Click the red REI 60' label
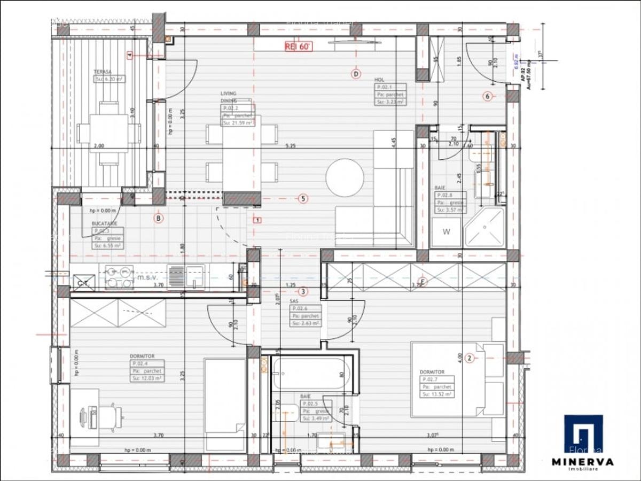(298, 46)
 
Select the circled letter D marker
(356, 74)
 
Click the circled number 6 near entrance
(487, 97)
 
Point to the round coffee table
(345, 177)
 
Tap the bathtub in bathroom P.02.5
(310, 374)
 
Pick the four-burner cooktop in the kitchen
(120, 277)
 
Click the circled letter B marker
(158, 218)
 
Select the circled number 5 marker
(303, 199)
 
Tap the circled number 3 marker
(303, 292)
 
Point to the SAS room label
(294, 301)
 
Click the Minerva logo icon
(583, 433)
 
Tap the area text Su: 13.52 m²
(436, 394)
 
